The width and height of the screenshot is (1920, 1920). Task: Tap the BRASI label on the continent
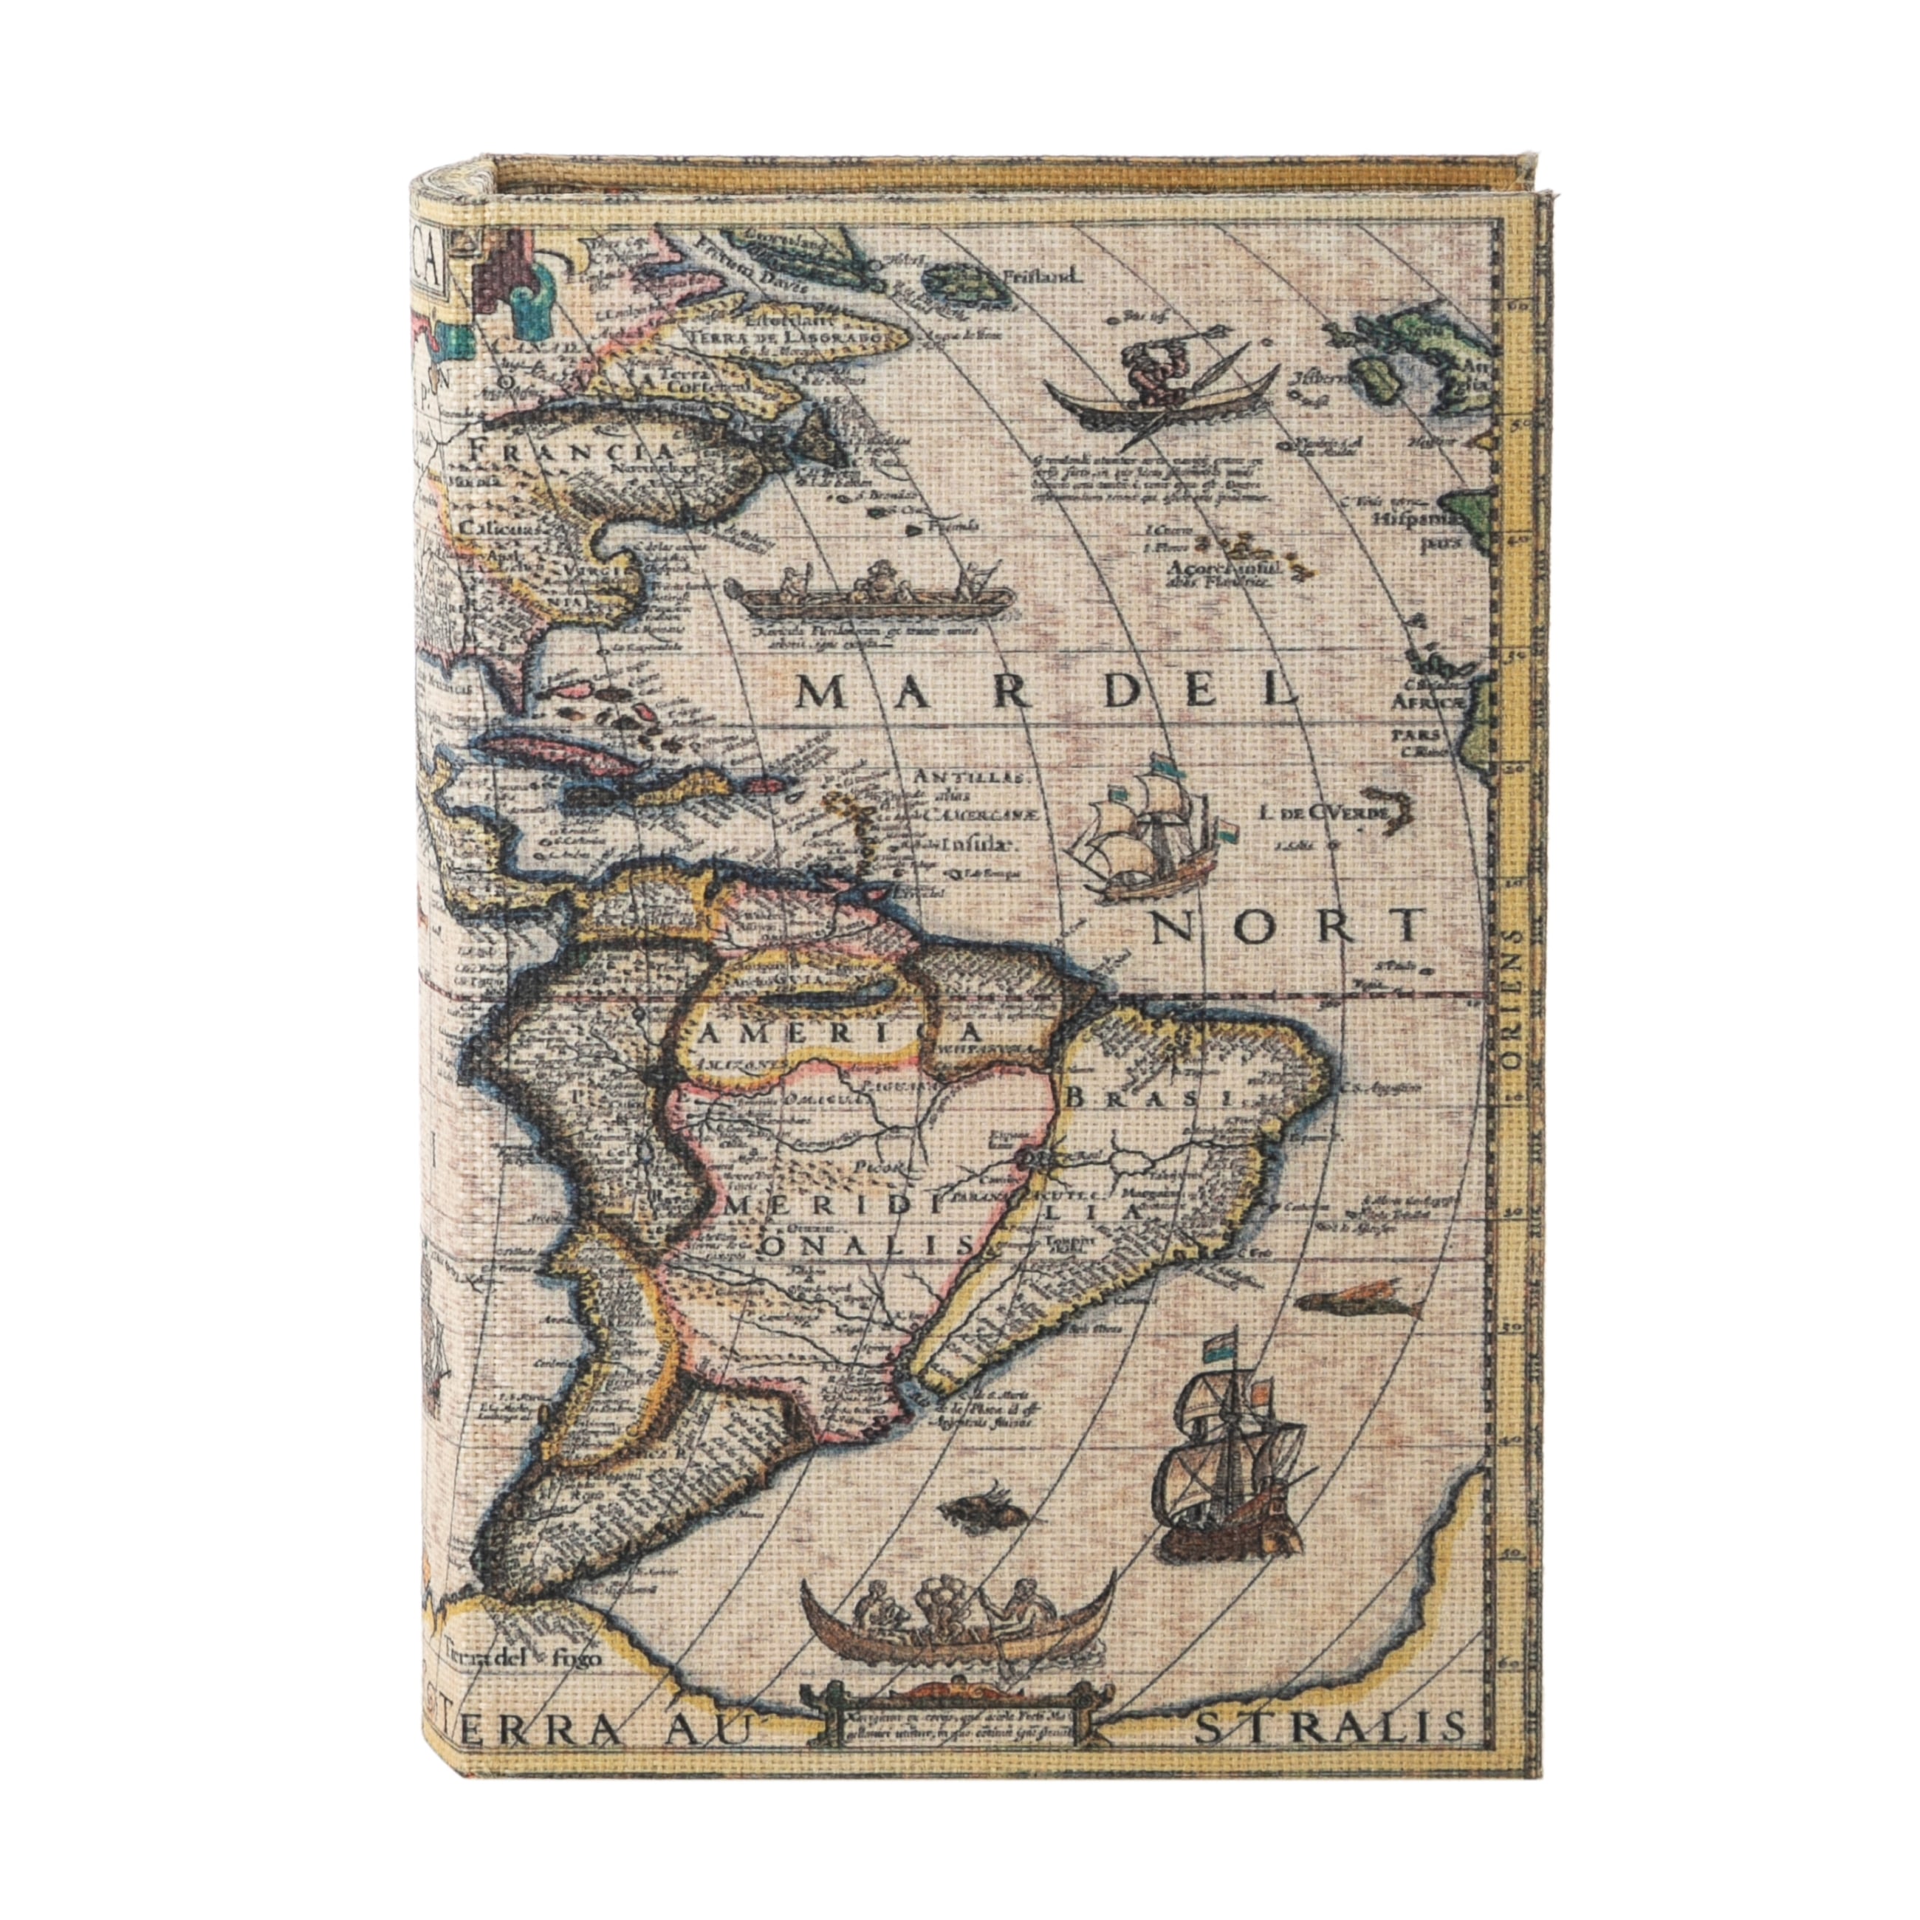[x=1149, y=1099]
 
